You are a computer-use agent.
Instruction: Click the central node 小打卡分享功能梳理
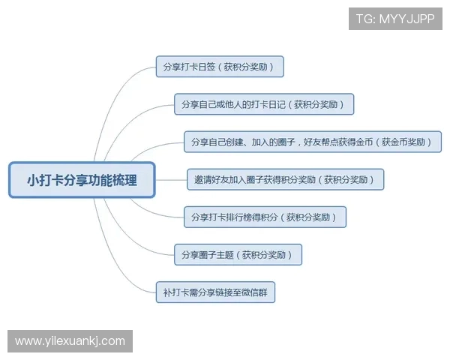pyautogui.click(x=82, y=180)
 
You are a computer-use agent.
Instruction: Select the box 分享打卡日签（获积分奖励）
pyautogui.click(x=219, y=67)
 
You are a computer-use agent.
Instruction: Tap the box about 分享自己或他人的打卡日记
pyautogui.click(x=263, y=104)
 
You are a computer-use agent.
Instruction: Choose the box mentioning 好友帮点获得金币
pyautogui.click(x=312, y=142)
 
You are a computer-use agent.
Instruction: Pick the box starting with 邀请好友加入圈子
pyautogui.click(x=285, y=180)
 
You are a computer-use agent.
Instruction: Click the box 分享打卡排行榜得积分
pyautogui.click(x=265, y=217)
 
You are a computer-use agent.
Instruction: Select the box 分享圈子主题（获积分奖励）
pyautogui.click(x=238, y=255)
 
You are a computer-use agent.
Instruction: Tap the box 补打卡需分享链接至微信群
pyautogui.click(x=215, y=292)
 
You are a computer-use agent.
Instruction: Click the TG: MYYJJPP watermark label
pyautogui.click(x=395, y=19)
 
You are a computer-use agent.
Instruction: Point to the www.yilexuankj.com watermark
pyautogui.click(x=70, y=341)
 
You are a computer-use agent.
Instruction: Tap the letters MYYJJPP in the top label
pyautogui.click(x=408, y=19)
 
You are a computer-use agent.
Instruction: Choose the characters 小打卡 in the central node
pyautogui.click(x=45, y=180)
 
